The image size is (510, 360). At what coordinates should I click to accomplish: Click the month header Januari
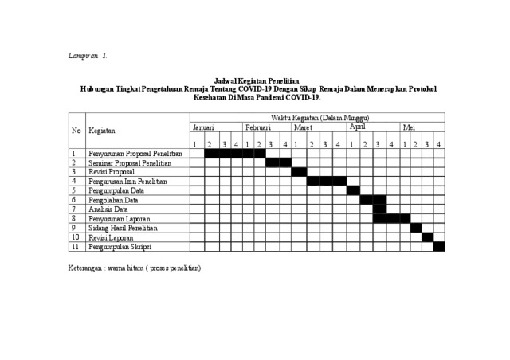202,127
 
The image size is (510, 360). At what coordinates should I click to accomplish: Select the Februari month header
258,127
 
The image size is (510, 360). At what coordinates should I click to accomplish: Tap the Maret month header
303,127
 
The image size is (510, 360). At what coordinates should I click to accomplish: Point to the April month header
357,127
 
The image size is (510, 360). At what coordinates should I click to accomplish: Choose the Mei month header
409,127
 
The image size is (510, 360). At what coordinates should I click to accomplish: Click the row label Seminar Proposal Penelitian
130,162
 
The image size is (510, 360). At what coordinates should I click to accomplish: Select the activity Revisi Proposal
112,171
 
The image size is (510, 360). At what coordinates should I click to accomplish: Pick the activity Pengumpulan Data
116,190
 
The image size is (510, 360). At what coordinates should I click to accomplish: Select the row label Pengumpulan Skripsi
120,246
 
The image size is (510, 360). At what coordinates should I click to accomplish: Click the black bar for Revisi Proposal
299,172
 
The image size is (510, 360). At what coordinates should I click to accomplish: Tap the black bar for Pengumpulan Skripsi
439,246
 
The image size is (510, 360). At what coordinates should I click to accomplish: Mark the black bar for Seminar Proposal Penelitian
278,162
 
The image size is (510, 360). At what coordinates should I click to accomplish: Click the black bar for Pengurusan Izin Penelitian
326,181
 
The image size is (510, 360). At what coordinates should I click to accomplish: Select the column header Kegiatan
101,131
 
